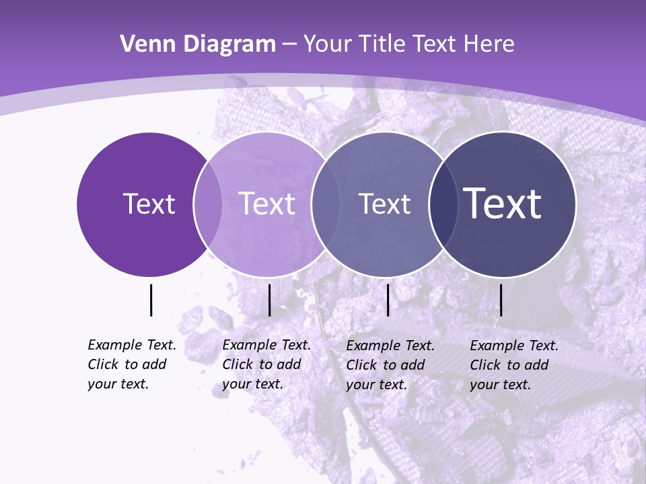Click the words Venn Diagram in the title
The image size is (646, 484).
[197, 44]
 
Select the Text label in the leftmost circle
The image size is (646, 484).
[149, 204]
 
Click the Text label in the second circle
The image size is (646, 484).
[266, 204]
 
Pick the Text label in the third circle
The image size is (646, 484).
[384, 204]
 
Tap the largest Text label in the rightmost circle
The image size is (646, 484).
[502, 203]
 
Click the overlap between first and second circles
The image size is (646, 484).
[208, 204]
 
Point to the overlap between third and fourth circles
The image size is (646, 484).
[442, 204]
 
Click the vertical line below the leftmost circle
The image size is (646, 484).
[151, 300]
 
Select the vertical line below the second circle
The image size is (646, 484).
[269, 300]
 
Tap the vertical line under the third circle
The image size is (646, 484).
[388, 300]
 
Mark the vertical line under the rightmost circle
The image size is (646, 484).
[501, 300]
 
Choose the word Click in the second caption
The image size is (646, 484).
[237, 364]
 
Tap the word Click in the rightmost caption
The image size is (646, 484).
[485, 365]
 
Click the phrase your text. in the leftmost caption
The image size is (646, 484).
[118, 384]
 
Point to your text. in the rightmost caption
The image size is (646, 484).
[500, 385]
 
